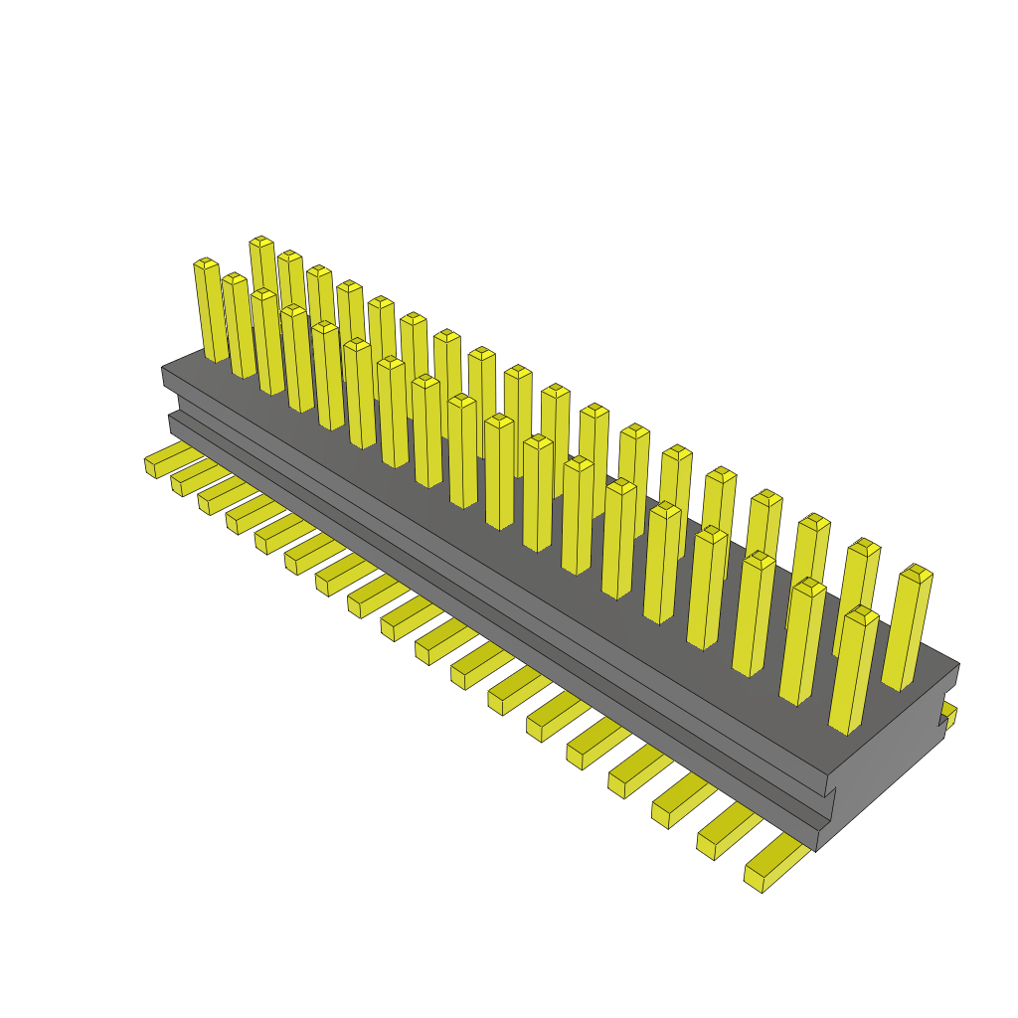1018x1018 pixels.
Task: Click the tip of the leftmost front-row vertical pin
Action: [205, 263]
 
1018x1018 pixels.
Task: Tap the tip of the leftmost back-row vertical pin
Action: [261, 242]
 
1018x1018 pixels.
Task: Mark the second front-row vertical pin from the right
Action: [801, 642]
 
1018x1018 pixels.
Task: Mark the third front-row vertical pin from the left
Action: [267, 342]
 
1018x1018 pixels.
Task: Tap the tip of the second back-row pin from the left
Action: [289, 255]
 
